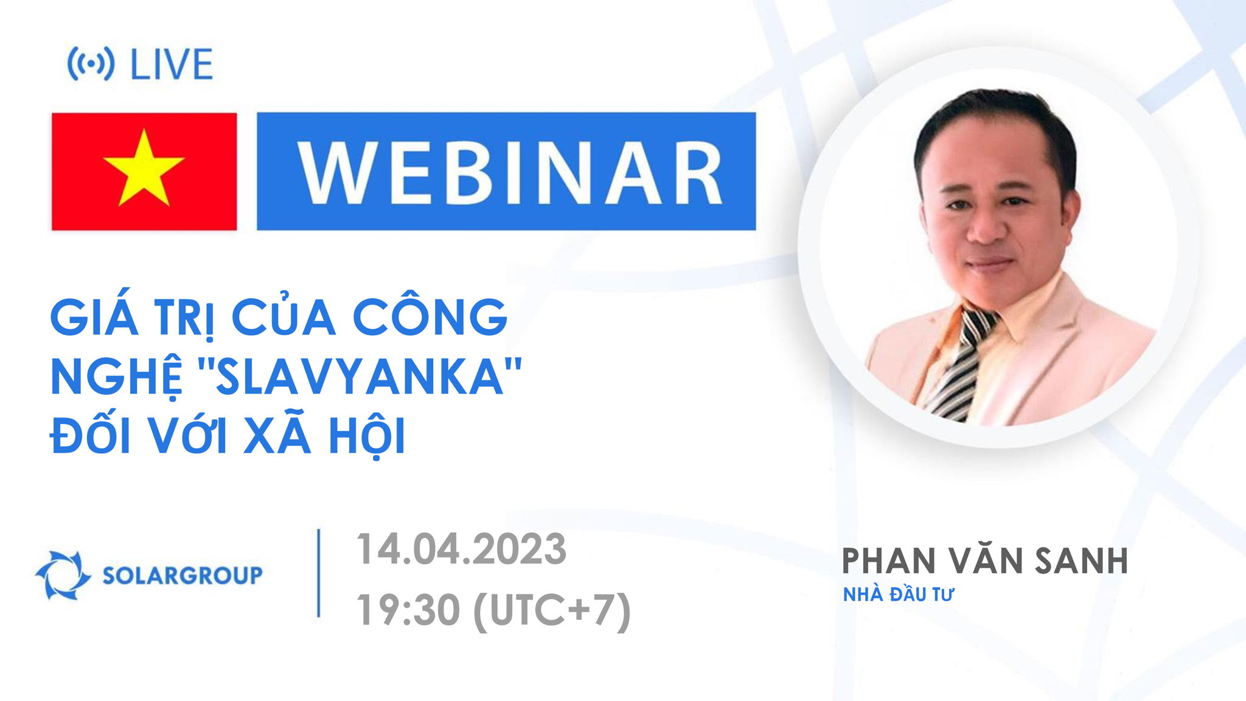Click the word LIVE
[x=172, y=65]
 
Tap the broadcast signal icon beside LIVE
[x=91, y=64]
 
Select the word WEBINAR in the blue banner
[x=510, y=172]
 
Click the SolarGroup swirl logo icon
[x=62, y=575]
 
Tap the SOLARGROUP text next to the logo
[x=182, y=575]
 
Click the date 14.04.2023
[x=461, y=549]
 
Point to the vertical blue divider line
[x=319, y=573]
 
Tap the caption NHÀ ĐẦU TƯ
[x=898, y=595]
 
